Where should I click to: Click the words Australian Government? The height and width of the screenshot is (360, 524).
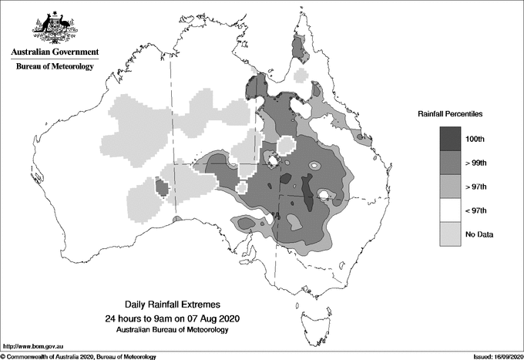click(x=54, y=52)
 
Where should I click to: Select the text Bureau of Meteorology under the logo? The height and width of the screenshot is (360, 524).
click(x=55, y=67)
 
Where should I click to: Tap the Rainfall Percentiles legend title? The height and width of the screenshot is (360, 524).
click(x=450, y=113)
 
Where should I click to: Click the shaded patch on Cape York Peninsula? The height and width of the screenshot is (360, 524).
click(x=300, y=51)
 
